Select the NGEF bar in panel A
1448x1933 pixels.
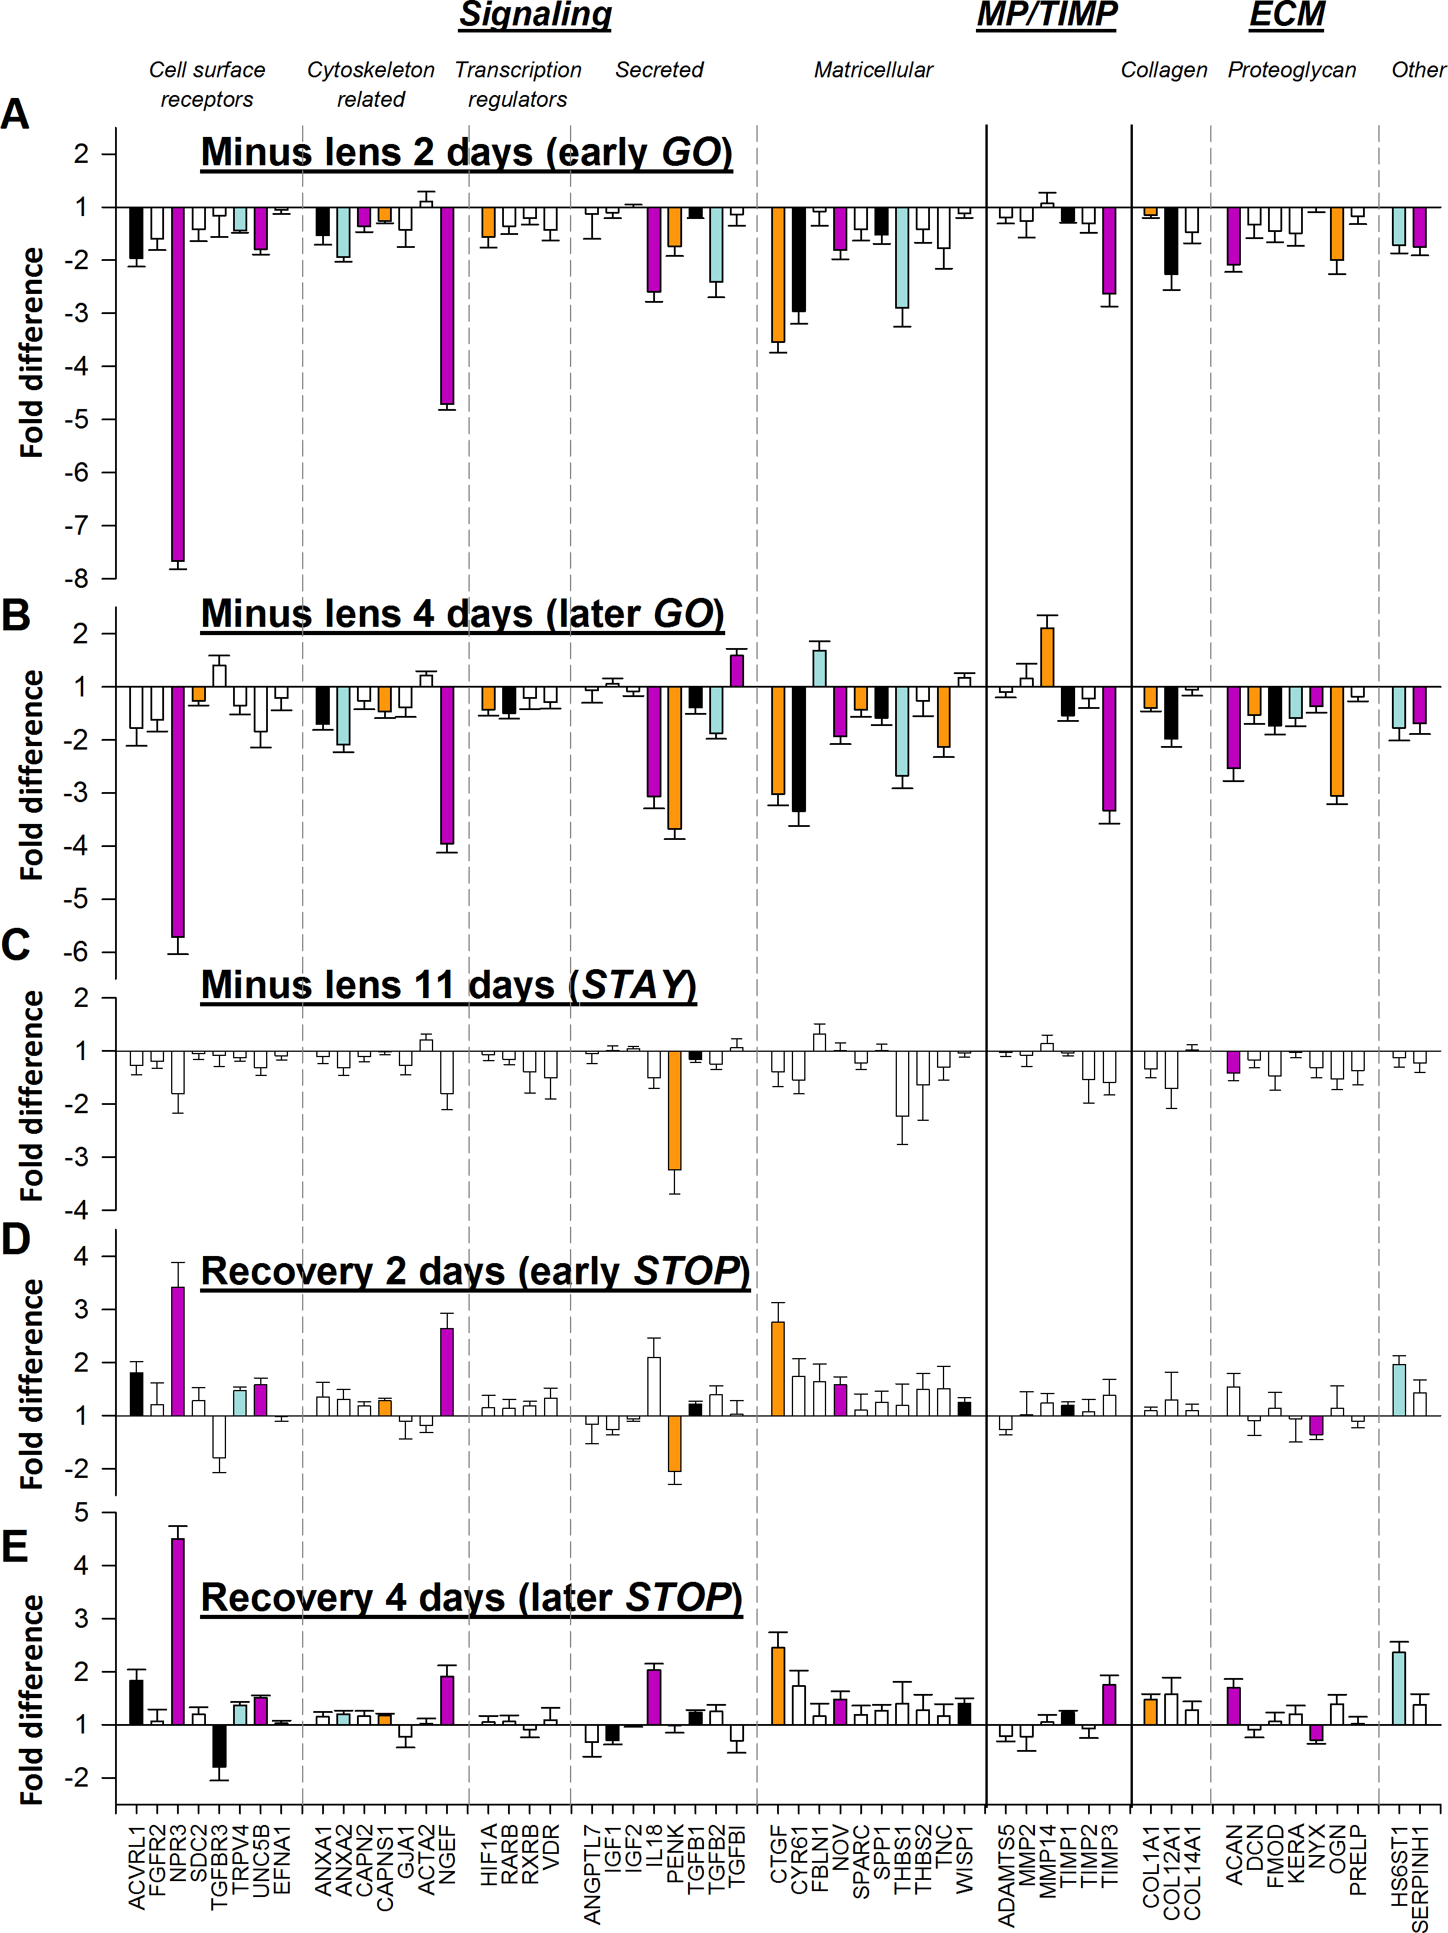(447, 306)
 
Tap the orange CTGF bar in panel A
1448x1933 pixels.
(778, 274)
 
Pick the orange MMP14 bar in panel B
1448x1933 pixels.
(1047, 657)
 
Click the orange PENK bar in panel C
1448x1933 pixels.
(674, 1110)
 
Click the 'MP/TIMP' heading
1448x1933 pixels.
(1047, 15)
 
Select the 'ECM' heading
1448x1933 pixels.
(1286, 15)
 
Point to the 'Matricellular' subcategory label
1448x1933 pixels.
(873, 70)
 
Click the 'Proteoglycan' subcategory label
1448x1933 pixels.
(1292, 70)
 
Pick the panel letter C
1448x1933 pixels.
(16, 946)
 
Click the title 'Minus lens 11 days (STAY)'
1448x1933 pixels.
(448, 985)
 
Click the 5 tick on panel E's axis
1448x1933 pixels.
(81, 1513)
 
